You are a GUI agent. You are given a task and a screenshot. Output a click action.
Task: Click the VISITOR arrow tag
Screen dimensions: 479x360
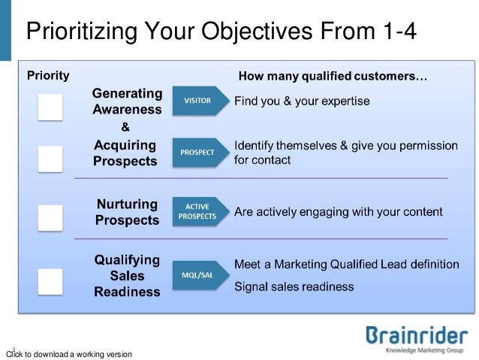198,101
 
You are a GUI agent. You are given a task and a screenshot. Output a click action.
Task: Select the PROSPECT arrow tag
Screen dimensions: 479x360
198,152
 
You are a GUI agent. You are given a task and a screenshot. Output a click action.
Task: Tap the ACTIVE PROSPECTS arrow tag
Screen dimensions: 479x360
198,212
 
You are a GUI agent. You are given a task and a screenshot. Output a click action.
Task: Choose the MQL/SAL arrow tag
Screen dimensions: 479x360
198,275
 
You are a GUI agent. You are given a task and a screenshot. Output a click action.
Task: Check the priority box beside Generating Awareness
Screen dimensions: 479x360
50,108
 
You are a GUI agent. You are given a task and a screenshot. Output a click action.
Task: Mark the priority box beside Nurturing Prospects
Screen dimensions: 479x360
50,217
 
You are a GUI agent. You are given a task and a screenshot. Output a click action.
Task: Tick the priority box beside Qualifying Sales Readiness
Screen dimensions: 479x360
50,281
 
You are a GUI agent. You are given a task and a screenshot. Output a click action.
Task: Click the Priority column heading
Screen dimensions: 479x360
49,75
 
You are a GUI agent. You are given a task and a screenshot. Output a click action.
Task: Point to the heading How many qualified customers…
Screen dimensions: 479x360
333,76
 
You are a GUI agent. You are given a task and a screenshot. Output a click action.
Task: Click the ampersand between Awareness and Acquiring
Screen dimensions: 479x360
125,126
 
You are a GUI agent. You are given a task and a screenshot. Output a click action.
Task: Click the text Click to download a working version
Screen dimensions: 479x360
68,354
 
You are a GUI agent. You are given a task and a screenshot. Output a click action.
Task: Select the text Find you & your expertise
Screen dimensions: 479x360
302,101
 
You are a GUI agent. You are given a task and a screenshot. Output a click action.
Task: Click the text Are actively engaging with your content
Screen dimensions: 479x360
339,213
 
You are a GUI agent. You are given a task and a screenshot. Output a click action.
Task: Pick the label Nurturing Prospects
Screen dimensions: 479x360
127,212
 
